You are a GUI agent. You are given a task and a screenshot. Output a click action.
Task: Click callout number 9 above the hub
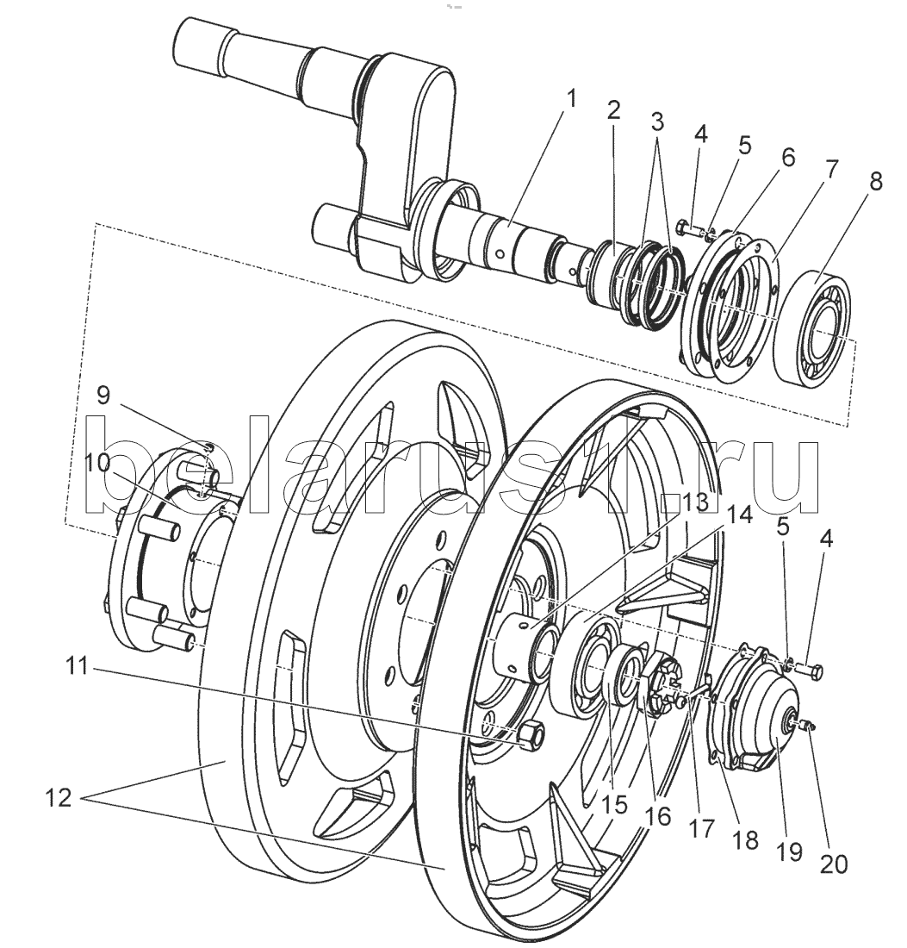click(x=103, y=396)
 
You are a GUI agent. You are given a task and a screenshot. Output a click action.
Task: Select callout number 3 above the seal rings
click(x=657, y=122)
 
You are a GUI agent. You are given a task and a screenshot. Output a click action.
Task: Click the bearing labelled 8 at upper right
click(x=815, y=328)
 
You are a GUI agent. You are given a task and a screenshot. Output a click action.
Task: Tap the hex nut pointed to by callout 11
click(x=528, y=733)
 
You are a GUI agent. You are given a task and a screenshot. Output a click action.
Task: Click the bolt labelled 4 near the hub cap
click(x=810, y=670)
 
